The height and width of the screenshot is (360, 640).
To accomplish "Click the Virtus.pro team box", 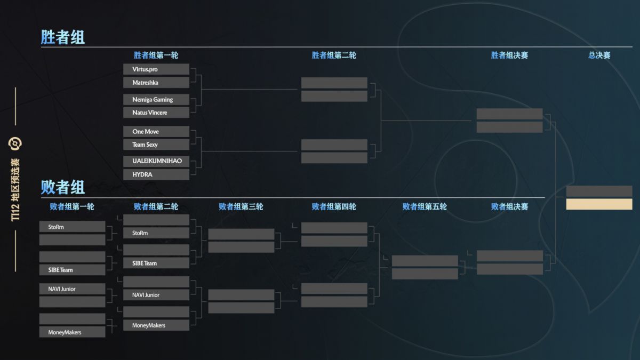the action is coord(156,69).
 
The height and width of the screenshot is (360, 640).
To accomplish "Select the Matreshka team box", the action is coord(156,83).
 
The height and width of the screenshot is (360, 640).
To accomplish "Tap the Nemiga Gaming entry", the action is coord(156,99).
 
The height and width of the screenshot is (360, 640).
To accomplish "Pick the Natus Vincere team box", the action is coord(156,113).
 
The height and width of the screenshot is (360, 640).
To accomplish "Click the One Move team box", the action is coord(156,131).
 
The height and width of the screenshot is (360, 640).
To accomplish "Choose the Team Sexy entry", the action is coord(156,145).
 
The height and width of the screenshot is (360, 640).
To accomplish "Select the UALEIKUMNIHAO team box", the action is coord(156,161).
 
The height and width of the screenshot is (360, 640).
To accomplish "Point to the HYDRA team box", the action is coord(156,174).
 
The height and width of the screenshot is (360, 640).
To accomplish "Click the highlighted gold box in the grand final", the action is coord(599,204).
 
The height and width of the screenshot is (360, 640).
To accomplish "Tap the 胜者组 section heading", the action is coord(62,37).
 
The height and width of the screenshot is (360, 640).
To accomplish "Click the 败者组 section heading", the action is coord(62,187).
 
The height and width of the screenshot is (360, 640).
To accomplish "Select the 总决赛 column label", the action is coord(599,55).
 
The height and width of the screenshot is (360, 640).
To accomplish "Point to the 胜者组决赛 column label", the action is coord(509,55).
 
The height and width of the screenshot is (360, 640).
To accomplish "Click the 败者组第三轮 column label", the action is coord(241,206).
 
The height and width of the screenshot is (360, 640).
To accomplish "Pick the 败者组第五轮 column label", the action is coord(425,206).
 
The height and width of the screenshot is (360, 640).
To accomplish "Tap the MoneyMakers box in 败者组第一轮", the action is coord(73,332).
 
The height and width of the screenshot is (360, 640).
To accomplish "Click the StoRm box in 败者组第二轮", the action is coord(156,233).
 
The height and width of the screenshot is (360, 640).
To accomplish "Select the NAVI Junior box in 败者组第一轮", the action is coord(73,289).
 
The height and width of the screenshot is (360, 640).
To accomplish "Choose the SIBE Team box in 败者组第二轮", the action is coord(156,263).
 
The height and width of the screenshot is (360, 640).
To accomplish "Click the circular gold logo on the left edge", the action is coord(15,143).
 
